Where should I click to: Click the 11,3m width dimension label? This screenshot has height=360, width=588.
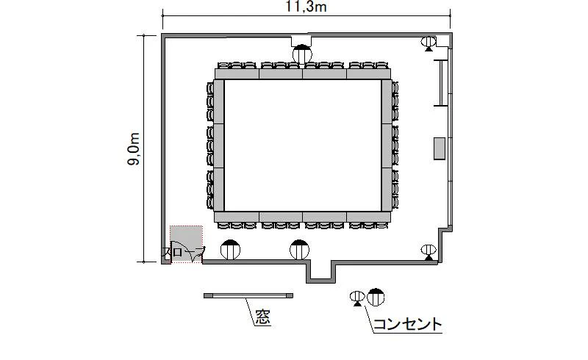(x=306, y=7)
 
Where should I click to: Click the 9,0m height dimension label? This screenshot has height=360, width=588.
(x=134, y=148)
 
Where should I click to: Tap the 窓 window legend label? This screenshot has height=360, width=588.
(x=263, y=317)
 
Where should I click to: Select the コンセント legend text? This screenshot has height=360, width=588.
(x=408, y=324)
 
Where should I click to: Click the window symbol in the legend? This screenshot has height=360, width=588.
(x=248, y=296)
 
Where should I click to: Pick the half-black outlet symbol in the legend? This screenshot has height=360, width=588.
(x=376, y=297)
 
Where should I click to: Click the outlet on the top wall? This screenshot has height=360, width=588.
(x=302, y=54)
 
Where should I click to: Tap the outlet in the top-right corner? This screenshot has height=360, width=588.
(x=429, y=43)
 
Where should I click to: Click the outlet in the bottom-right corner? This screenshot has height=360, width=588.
(x=429, y=251)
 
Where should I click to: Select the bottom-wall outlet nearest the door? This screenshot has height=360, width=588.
(x=230, y=249)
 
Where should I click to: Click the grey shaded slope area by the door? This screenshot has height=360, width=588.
(x=187, y=243)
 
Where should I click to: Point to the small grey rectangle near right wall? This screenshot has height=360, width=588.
(x=440, y=148)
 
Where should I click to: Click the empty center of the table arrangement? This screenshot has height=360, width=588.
(x=303, y=145)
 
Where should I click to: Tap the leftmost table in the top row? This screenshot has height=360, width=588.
(x=237, y=73)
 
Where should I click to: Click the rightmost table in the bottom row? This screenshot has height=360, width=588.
(x=369, y=217)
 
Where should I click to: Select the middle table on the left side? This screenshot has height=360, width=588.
(x=219, y=145)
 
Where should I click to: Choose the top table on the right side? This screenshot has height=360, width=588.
(x=387, y=101)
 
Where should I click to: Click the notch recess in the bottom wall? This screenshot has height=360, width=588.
(x=320, y=271)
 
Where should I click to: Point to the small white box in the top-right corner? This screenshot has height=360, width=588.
(x=442, y=41)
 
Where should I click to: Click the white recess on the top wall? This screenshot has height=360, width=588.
(x=302, y=40)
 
